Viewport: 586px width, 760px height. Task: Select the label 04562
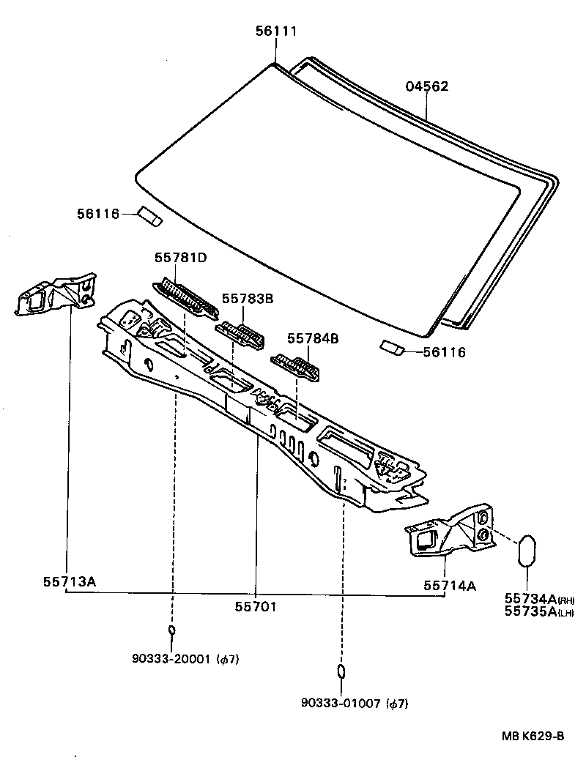point(426,86)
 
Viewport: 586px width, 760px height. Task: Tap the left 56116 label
point(97,214)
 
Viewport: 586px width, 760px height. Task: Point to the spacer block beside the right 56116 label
point(390,347)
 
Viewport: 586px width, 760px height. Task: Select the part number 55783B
point(247,299)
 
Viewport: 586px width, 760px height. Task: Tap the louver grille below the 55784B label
point(297,366)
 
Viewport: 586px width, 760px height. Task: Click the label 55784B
point(312,338)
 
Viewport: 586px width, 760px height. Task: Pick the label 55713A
point(69,582)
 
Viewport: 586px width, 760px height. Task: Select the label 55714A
point(449,586)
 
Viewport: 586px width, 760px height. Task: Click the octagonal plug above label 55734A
point(527,550)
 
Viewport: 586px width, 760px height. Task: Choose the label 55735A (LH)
point(527,612)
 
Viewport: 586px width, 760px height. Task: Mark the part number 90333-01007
point(340,704)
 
